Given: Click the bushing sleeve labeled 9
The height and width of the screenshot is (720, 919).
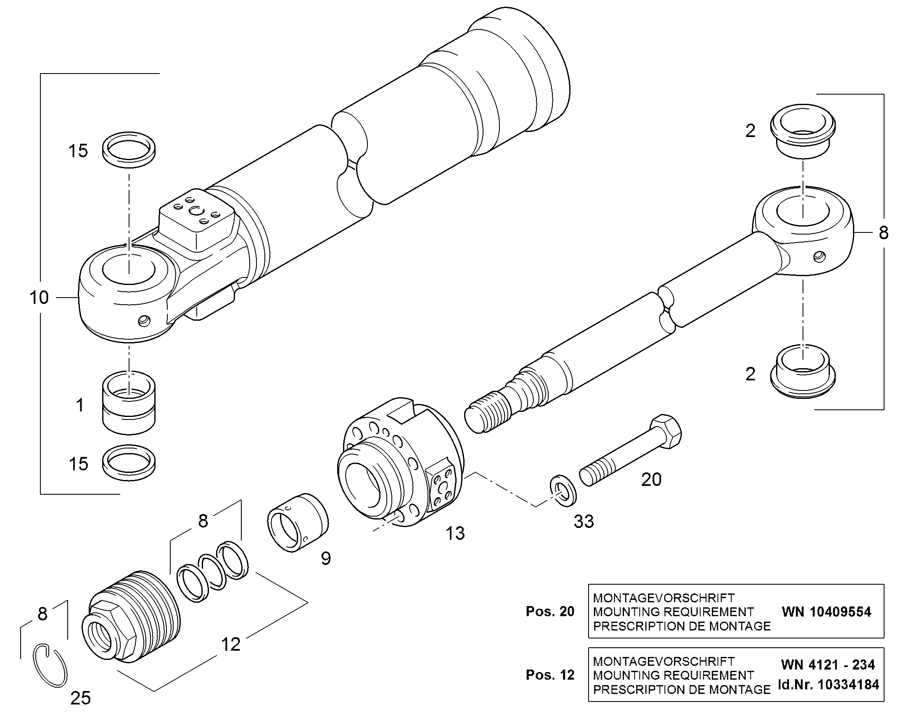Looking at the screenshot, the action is point(298,522).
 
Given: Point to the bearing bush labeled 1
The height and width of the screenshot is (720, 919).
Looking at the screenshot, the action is point(129,403).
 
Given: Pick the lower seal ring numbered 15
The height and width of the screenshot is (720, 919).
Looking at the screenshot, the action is point(129,462).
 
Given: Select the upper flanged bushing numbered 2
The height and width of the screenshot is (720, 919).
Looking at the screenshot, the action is point(803,131).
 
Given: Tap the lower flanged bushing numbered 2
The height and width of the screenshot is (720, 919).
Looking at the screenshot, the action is point(803,372).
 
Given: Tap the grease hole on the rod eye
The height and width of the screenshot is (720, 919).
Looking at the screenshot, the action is point(819,256).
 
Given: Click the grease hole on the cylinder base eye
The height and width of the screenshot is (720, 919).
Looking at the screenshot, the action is point(144,321).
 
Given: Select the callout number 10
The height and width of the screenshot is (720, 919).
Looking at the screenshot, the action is point(39,298).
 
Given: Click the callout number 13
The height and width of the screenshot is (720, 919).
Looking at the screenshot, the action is point(455,533).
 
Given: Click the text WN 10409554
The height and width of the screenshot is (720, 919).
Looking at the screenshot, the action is point(826,612).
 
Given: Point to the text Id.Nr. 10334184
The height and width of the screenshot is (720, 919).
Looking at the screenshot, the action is point(828,685).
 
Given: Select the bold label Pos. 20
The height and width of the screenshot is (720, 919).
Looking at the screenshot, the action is point(550,611).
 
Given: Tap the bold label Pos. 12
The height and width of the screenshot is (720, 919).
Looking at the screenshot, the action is point(550,675).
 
